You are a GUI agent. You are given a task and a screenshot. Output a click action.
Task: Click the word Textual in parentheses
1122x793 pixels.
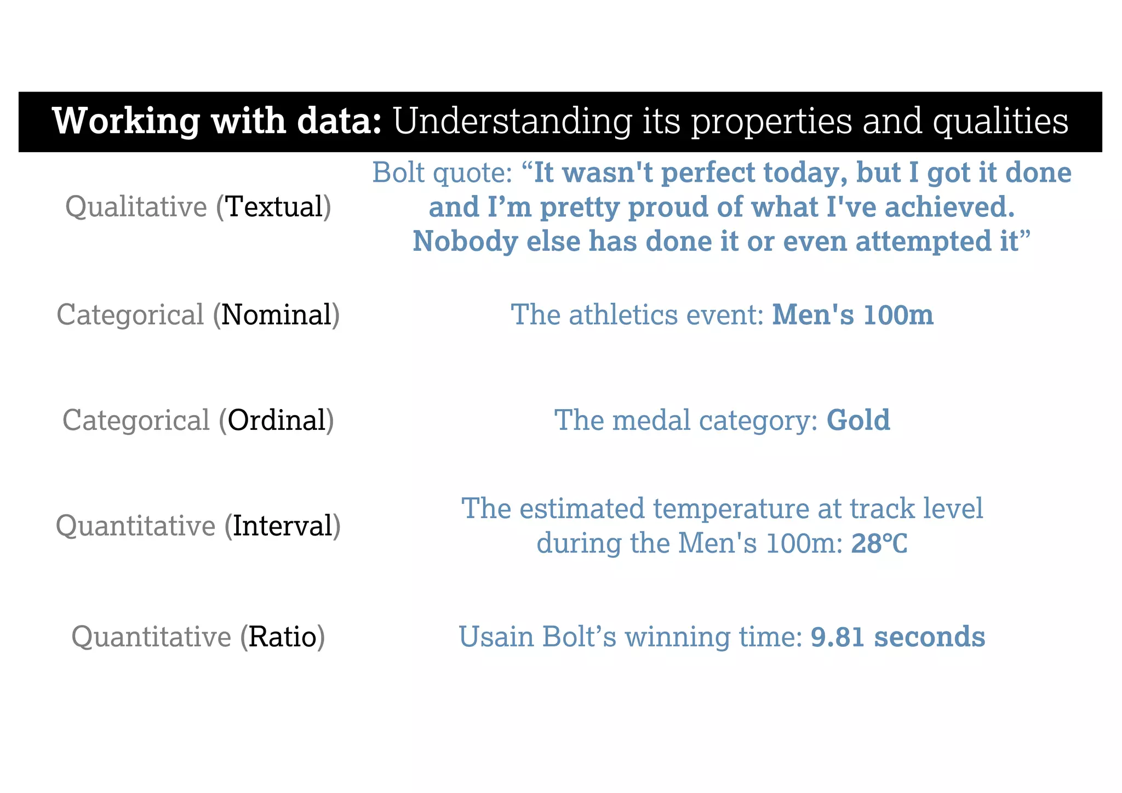click(274, 207)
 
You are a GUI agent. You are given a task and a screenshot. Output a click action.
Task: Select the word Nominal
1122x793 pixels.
click(277, 315)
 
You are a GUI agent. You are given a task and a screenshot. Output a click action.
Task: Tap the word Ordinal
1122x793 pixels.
click(277, 421)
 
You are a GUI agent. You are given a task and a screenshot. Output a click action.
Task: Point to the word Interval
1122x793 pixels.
click(283, 526)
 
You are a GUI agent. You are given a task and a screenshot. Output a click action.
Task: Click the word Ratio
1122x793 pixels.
click(283, 637)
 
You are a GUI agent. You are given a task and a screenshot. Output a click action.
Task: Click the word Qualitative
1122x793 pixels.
click(136, 207)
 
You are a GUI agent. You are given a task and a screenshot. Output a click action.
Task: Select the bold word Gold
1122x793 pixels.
click(858, 421)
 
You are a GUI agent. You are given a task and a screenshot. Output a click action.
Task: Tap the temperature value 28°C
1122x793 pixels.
click(879, 544)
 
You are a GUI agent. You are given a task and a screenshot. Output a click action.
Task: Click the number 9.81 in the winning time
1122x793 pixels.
click(838, 637)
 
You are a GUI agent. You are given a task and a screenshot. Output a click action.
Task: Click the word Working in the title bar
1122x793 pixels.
click(126, 121)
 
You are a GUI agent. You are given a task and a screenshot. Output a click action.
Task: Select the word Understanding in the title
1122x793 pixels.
click(513, 121)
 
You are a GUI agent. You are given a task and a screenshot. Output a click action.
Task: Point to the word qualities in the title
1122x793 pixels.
click(1000, 121)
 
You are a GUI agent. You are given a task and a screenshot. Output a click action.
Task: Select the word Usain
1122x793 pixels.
click(496, 637)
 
